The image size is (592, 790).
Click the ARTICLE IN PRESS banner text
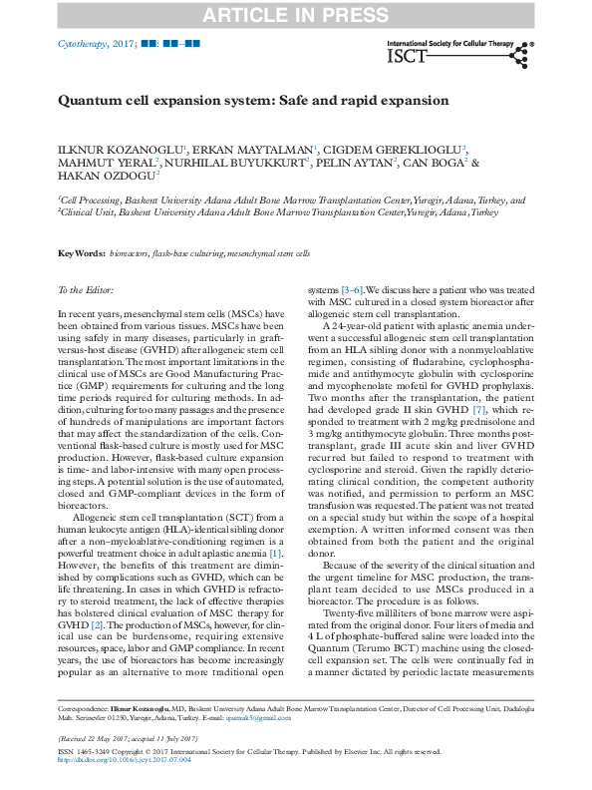pos(296,15)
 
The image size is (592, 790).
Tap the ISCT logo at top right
pos(462,57)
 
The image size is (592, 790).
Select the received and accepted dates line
pos(124,738)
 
